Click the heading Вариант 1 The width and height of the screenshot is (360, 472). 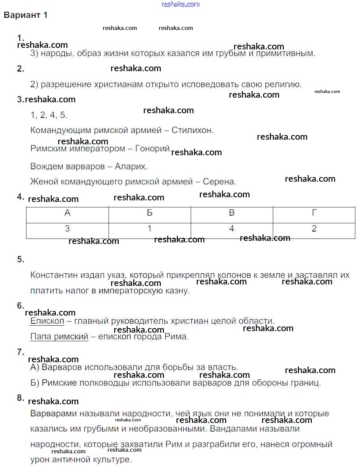(x=25, y=15)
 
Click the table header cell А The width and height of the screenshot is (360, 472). (x=67, y=213)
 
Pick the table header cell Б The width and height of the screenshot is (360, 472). (x=149, y=213)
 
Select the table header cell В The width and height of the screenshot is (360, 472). (x=232, y=213)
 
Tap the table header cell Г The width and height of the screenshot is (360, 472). (x=314, y=213)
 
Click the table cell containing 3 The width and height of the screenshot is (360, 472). (x=67, y=229)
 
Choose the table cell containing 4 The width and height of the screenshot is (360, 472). (x=232, y=229)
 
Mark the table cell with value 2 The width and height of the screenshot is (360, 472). (x=314, y=229)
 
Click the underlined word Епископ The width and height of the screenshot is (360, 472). (x=47, y=321)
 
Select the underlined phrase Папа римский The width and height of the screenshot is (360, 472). (x=59, y=337)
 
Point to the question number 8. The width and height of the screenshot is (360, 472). (x=21, y=398)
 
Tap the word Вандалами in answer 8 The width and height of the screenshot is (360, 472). (x=246, y=429)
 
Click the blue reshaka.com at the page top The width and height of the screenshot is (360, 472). (x=180, y=4)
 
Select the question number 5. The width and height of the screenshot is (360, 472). (x=21, y=260)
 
